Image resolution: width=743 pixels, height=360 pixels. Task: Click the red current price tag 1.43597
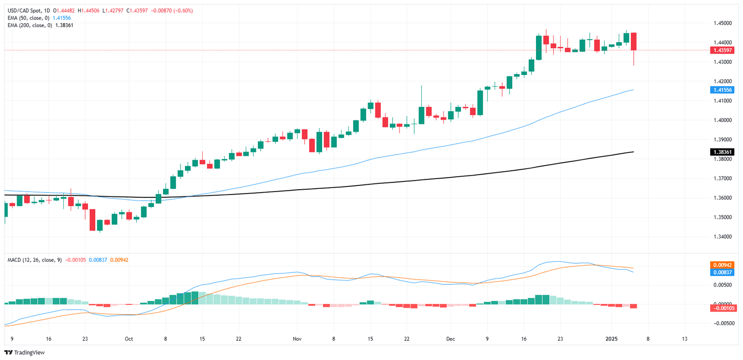pyautogui.click(x=721, y=50)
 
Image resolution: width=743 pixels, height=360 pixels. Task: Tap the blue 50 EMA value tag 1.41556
pyautogui.click(x=721, y=90)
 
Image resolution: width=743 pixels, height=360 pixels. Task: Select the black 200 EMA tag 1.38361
pyautogui.click(x=721, y=152)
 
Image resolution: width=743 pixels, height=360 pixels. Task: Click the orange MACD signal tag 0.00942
pyautogui.click(x=721, y=265)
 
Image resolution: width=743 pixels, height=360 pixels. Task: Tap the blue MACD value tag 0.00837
pyautogui.click(x=721, y=272)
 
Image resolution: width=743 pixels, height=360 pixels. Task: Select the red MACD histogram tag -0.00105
pyautogui.click(x=721, y=308)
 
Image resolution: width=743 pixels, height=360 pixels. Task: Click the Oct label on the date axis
pyautogui.click(x=129, y=339)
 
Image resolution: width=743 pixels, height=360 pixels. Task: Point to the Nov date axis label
pyautogui.click(x=297, y=339)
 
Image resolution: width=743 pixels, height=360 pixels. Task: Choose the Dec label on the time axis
pyautogui.click(x=451, y=339)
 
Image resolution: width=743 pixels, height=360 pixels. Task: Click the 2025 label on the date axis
pyautogui.click(x=611, y=339)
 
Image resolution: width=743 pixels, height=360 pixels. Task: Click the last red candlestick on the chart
pyautogui.click(x=634, y=42)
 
